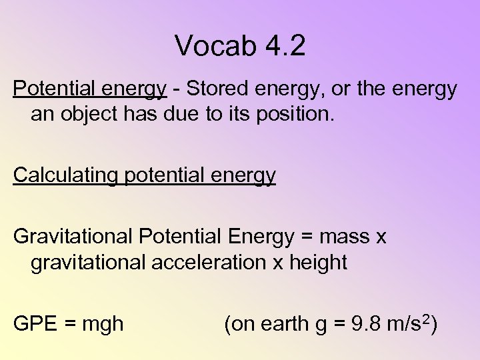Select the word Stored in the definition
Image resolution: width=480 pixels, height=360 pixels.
(217, 89)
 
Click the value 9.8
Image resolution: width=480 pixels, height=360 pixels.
(360, 324)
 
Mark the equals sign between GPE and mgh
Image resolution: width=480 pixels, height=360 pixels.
(70, 325)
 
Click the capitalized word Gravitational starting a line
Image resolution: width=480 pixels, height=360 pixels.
(73, 237)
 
